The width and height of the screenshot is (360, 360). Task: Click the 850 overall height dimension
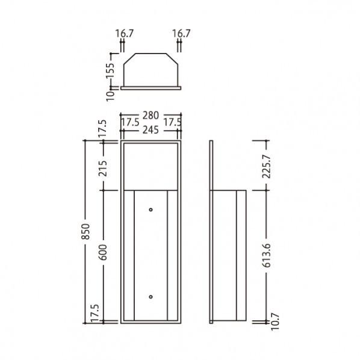click(x=85, y=231)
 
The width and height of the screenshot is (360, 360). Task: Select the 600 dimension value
click(x=103, y=252)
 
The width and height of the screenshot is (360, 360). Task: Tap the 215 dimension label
click(x=103, y=169)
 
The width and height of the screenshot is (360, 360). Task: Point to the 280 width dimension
click(x=151, y=115)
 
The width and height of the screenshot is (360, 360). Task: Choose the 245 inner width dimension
click(x=151, y=130)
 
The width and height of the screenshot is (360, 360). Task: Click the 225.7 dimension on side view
click(x=267, y=166)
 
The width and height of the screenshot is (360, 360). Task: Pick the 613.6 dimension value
click(x=267, y=255)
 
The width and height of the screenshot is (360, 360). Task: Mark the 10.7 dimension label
click(x=275, y=321)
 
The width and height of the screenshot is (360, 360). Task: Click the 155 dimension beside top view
click(x=110, y=70)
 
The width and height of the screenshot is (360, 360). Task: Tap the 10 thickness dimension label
click(x=110, y=96)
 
